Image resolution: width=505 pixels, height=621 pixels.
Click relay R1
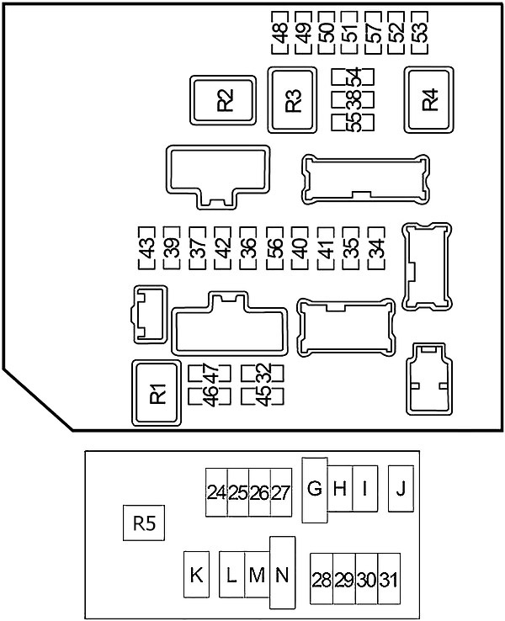(x=157, y=393)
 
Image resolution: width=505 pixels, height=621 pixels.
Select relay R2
(x=223, y=100)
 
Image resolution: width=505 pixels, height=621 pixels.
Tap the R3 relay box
(x=292, y=100)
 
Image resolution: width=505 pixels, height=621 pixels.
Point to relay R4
(x=429, y=100)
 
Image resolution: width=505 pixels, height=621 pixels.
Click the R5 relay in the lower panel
(x=144, y=523)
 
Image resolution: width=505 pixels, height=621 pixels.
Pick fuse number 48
(x=280, y=33)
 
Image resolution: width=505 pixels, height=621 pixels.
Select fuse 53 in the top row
(x=420, y=33)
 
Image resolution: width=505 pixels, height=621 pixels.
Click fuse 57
(x=374, y=33)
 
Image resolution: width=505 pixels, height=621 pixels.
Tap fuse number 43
(x=146, y=248)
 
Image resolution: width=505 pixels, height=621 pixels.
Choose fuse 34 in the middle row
(x=376, y=248)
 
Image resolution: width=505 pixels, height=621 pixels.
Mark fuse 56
(x=274, y=248)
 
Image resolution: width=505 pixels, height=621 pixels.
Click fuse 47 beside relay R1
(x=210, y=373)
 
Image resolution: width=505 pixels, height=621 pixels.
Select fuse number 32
(x=263, y=373)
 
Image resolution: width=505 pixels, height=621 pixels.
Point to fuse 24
(x=216, y=493)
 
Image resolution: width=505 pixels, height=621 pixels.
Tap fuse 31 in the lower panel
(x=389, y=579)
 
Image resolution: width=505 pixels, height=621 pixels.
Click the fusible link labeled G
(x=315, y=490)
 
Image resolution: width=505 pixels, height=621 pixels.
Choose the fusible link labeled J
(x=401, y=489)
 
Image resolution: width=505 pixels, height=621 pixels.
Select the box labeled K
(x=196, y=574)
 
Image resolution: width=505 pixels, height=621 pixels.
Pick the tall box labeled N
(x=282, y=573)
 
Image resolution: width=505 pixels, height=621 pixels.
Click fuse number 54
(x=353, y=76)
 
